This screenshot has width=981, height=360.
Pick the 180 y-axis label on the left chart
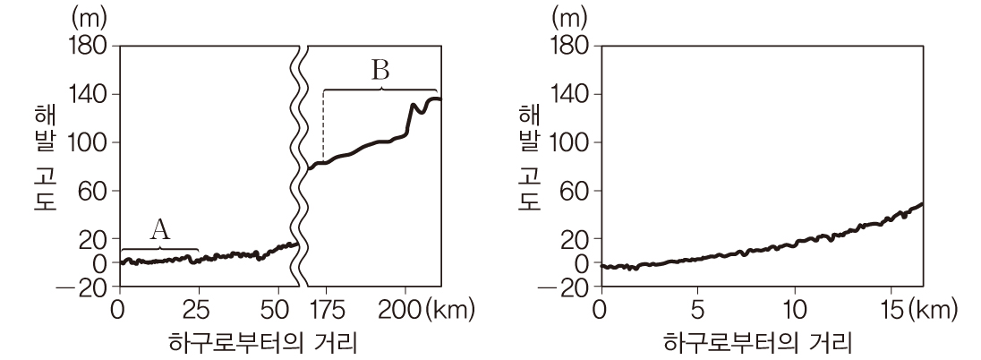[87, 46]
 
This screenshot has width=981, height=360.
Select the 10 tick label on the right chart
[794, 311]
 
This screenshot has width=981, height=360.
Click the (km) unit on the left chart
[451, 311]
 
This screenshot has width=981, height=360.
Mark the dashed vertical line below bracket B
[323, 125]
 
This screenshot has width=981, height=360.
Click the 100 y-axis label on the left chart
[87, 142]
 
